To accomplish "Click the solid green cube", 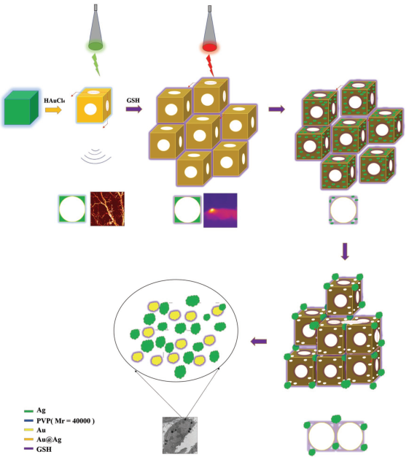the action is [x=21, y=107].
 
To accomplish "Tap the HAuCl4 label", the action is [x=55, y=101].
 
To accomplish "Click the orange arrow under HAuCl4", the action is [x=53, y=110].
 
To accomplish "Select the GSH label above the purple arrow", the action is [x=133, y=100].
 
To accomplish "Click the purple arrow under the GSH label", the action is [x=134, y=109].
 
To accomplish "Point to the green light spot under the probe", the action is [x=96, y=46].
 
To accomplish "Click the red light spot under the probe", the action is [x=209, y=47].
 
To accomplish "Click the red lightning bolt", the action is [x=210, y=66].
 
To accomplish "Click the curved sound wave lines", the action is [x=96, y=156].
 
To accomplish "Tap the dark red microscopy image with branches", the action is [x=107, y=209].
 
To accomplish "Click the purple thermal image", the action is [x=220, y=210].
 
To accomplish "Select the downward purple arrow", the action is [x=345, y=251].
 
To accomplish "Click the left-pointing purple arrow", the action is [x=259, y=342].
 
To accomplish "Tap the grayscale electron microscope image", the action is [x=180, y=435].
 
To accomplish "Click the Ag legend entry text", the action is [x=41, y=410].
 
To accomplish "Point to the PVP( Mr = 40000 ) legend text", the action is [x=66, y=420].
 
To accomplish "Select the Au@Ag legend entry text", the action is [x=49, y=439].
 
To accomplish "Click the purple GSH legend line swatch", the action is [x=28, y=449].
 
